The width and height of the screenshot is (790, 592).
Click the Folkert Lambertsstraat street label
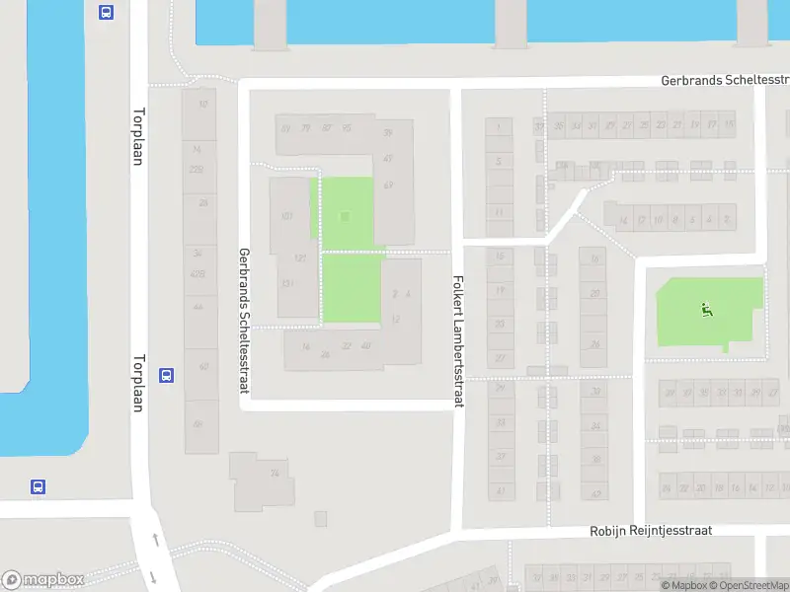tap(458, 325)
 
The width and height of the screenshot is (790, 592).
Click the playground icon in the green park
tap(705, 310)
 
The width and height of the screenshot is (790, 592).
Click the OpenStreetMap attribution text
tap(744, 585)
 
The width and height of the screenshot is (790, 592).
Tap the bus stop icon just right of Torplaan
tap(167, 375)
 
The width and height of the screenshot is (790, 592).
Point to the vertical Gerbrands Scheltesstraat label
tap(243, 320)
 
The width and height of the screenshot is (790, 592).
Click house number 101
tap(287, 216)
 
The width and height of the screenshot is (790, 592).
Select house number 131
tap(287, 284)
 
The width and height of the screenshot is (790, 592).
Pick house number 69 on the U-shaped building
tap(388, 185)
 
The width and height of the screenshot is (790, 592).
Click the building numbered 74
tap(275, 474)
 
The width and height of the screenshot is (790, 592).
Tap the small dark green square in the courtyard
tap(344, 216)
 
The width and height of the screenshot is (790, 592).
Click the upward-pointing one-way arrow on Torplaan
tap(154, 539)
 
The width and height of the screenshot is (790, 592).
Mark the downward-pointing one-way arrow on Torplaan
tap(153, 576)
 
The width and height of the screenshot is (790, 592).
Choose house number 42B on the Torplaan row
tap(198, 274)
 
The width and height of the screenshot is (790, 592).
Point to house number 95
tap(346, 128)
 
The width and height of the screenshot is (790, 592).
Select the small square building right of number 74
tap(320, 518)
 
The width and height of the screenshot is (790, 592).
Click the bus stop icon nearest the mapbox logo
tap(38, 486)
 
